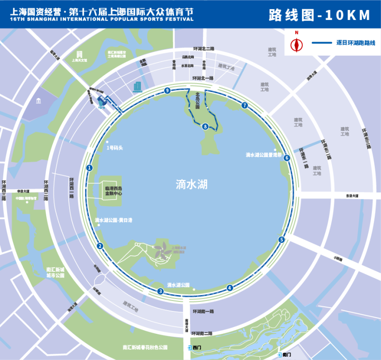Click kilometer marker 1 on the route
(89, 168)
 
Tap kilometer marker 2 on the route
(100, 246)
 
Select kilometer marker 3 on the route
(161, 291)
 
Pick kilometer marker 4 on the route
(230, 287)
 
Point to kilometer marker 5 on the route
(281, 240)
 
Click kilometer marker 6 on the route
(287, 158)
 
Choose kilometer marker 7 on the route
(245, 105)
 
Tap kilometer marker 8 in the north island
(205, 126)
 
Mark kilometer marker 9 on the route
(167, 90)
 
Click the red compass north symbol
(297, 43)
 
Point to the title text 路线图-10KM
(320, 15)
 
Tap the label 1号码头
(115, 148)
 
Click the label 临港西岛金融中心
(114, 191)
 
